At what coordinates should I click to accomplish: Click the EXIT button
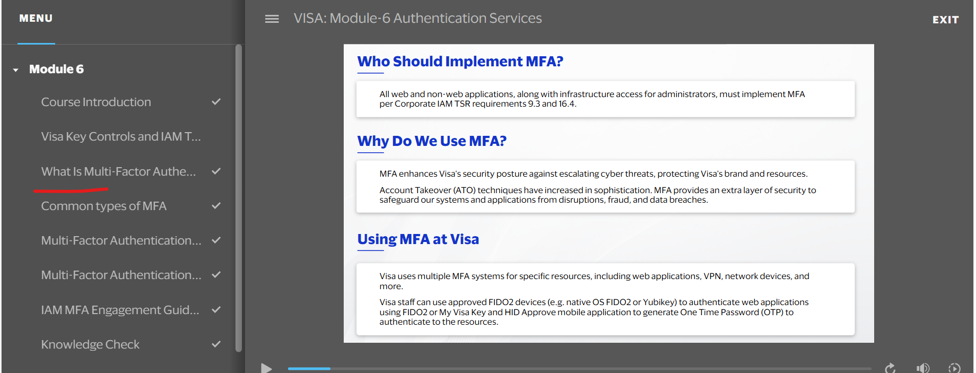tap(945, 20)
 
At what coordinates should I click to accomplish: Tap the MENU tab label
tap(36, 19)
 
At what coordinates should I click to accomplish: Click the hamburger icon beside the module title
tap(272, 19)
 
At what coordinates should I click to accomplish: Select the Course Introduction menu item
tap(96, 102)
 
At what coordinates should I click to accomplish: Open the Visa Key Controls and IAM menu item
tap(121, 137)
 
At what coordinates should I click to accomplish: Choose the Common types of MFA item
tap(104, 206)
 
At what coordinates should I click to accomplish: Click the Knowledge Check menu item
tap(90, 344)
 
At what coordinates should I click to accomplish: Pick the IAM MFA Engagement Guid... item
tap(120, 310)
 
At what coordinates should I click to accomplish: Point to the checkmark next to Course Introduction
tap(216, 101)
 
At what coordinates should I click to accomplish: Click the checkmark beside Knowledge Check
tap(216, 344)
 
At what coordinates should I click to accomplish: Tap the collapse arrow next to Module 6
tap(16, 70)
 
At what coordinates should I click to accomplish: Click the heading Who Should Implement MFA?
tap(460, 62)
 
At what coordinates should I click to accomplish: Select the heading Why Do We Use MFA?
tap(432, 141)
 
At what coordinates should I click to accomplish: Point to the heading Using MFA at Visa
tap(418, 239)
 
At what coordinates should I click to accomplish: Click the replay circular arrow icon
tap(890, 368)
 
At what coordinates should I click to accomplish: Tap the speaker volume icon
tap(922, 368)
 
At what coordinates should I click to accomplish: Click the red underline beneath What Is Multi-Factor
tap(71, 189)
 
